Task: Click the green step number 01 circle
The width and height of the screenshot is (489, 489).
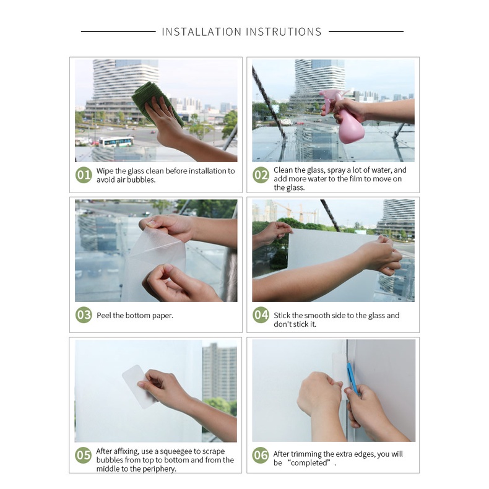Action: (x=84, y=175)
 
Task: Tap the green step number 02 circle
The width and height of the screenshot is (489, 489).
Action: (x=261, y=175)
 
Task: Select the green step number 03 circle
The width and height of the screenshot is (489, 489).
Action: (x=84, y=315)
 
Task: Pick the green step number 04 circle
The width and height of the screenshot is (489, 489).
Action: (x=261, y=315)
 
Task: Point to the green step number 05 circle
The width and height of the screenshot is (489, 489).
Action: (x=84, y=455)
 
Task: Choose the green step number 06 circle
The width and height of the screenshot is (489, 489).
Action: (x=261, y=455)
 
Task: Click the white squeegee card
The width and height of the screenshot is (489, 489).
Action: (x=139, y=387)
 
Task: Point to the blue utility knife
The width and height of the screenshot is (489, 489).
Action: (x=352, y=378)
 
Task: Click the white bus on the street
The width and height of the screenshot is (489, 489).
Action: (x=116, y=142)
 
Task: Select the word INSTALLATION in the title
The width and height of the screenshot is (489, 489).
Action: (x=201, y=32)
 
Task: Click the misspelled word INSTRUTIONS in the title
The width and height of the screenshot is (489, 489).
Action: (x=283, y=32)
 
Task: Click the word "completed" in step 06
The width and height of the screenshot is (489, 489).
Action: (x=308, y=463)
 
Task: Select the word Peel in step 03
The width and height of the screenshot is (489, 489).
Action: (x=103, y=315)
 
